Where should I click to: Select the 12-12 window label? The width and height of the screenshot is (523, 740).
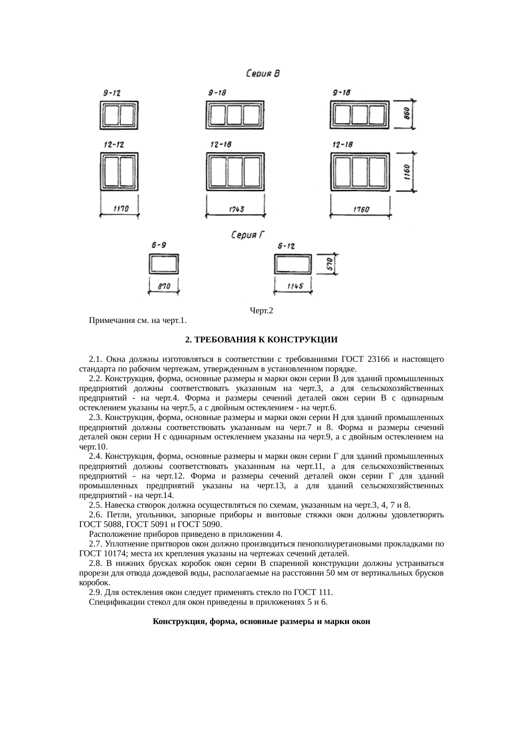point(114,145)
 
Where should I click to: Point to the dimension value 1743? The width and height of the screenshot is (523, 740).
point(236,209)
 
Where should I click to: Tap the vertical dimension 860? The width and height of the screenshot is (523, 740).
point(407,114)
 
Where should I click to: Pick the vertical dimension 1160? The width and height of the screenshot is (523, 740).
point(407,172)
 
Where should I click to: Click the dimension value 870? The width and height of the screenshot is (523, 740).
point(164,286)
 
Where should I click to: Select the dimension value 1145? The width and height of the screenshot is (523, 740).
point(295,286)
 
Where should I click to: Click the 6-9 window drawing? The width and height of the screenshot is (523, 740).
point(164,264)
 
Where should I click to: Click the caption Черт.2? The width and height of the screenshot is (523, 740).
point(261,311)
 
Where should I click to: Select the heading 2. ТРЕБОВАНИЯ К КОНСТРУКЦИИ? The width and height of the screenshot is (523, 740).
point(261,339)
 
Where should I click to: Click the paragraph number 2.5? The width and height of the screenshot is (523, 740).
point(96,505)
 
